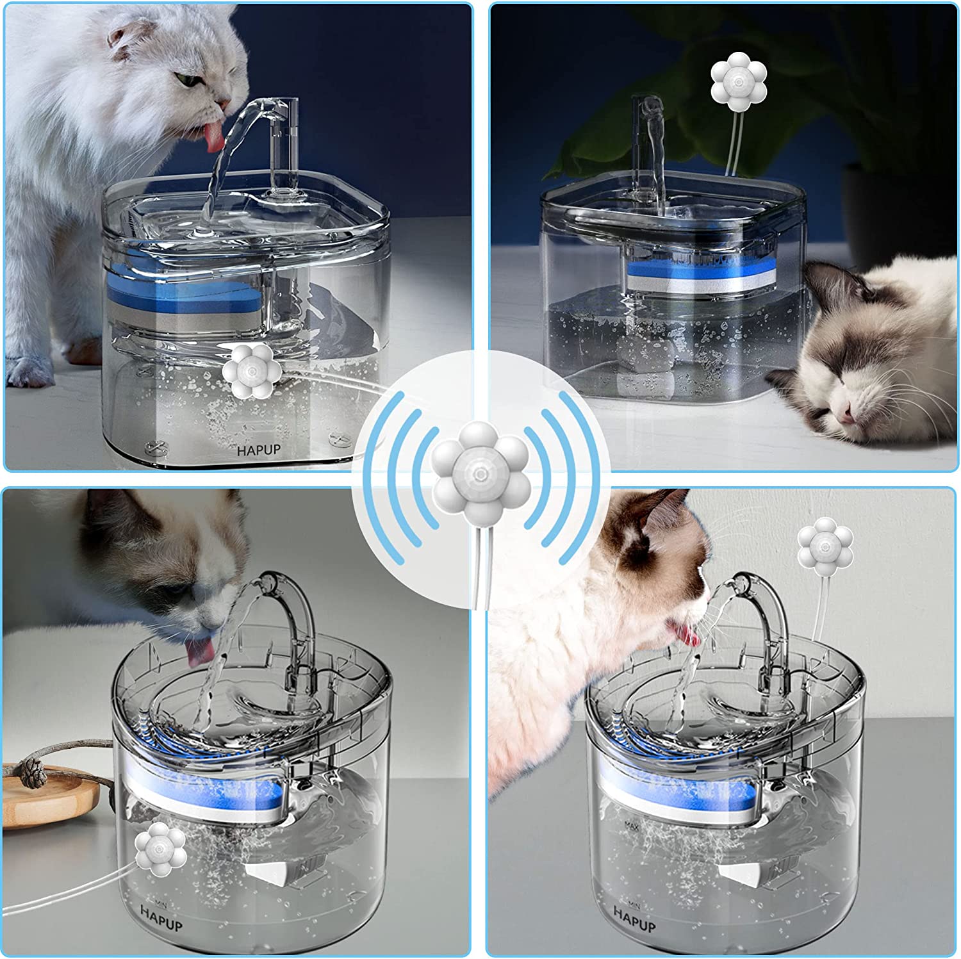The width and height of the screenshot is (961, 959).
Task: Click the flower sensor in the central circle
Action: point(480,473)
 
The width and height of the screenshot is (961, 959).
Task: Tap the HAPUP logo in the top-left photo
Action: point(259,450)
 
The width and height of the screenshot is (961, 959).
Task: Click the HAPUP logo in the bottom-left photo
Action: point(161,917)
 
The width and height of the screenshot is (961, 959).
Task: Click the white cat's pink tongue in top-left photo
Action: point(213,138)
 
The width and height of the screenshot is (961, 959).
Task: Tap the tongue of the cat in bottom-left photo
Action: point(199,652)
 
